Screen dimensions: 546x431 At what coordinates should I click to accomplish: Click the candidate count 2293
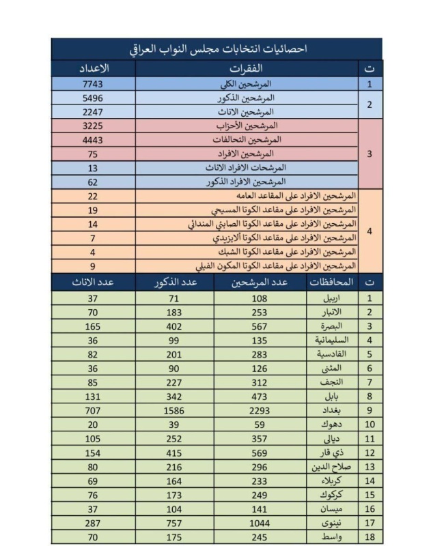coord(260,411)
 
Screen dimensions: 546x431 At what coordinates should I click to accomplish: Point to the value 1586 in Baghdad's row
coord(175,411)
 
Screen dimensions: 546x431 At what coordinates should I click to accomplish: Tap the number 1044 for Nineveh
coord(260,523)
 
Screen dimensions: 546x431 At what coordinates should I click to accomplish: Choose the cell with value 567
coord(260,326)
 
